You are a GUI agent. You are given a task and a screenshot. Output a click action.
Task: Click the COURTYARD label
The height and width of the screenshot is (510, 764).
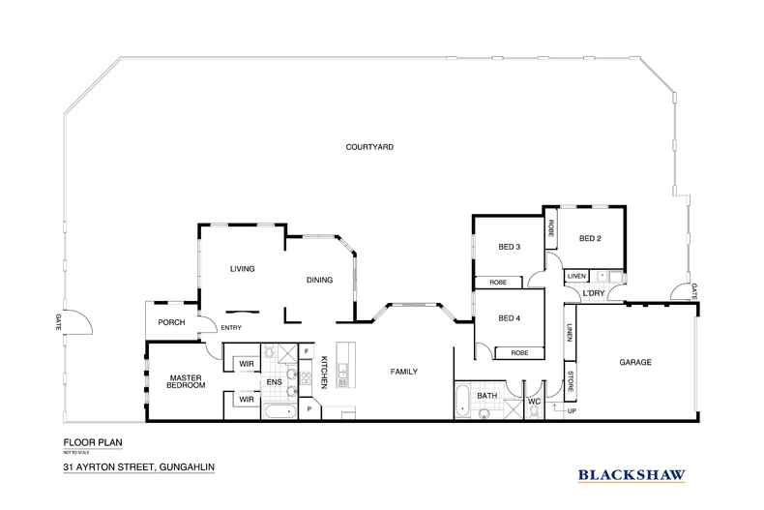(372, 147)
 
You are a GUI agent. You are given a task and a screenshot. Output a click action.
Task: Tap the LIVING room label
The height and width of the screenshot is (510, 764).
(242, 269)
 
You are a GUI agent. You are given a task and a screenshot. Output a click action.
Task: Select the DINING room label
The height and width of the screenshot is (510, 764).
(319, 281)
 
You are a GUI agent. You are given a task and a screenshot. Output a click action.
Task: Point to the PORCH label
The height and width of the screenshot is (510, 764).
(171, 322)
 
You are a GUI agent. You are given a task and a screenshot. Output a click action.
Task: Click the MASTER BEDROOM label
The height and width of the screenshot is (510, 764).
(184, 381)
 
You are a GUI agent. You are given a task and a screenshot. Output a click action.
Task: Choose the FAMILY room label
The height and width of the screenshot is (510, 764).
(403, 371)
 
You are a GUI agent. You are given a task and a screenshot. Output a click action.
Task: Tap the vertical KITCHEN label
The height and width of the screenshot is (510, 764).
(326, 373)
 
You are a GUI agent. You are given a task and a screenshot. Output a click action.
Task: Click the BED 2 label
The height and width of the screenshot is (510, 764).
(591, 238)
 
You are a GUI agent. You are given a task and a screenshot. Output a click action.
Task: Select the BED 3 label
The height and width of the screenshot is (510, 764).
(509, 247)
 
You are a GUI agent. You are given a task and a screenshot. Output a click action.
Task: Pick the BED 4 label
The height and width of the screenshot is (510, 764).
(509, 318)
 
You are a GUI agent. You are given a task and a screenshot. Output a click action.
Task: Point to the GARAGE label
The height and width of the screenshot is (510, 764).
(635, 362)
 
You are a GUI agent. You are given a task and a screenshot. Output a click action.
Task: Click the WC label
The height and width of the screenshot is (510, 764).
(533, 400)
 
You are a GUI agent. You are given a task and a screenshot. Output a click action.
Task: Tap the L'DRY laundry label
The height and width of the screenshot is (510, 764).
(593, 292)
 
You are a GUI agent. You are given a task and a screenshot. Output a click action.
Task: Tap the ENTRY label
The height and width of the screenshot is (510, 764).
(231, 328)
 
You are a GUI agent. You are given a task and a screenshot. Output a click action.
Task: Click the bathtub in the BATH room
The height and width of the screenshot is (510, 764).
(462, 400)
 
